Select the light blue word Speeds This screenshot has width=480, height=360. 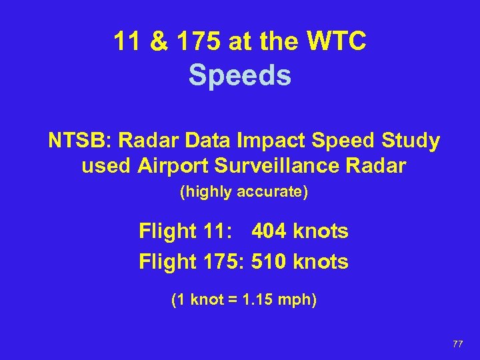point(240,75)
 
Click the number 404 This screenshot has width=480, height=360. point(269,231)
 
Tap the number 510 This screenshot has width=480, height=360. point(269,262)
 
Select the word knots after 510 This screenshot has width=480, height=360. point(321,262)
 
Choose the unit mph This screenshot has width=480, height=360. point(296,300)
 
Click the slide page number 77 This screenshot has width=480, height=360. point(457,343)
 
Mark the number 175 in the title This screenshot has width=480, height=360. point(203,42)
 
